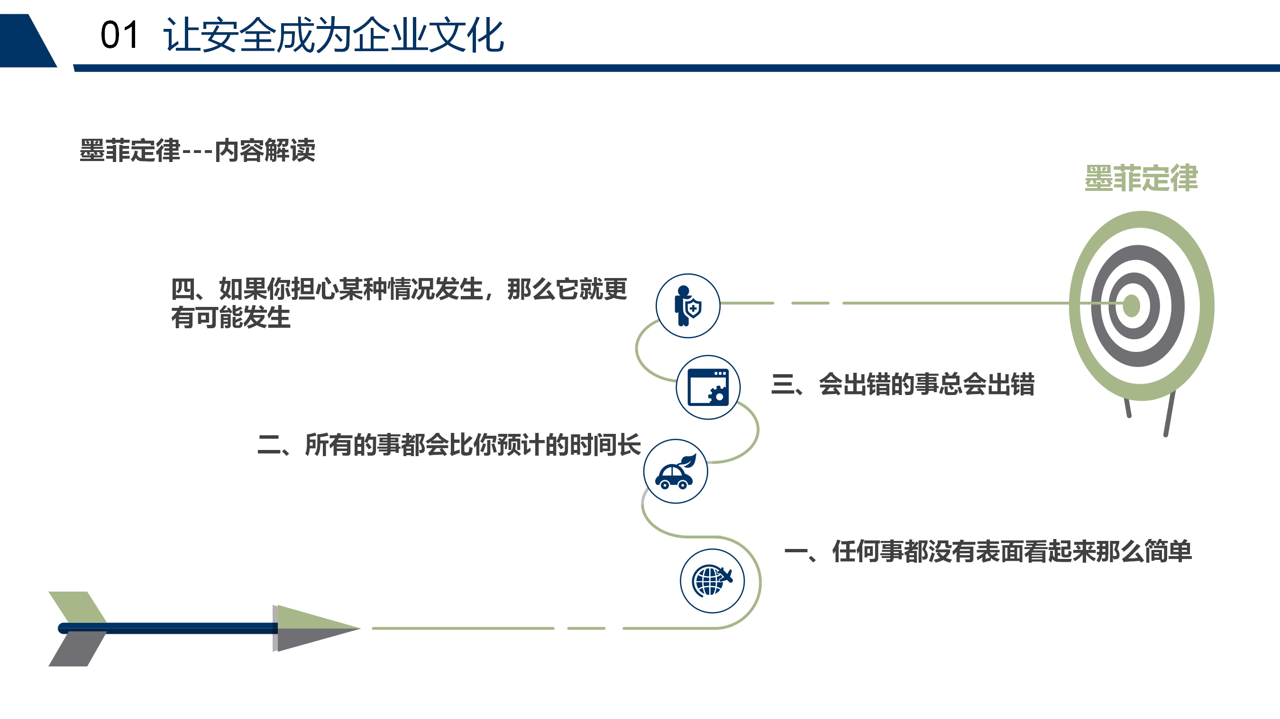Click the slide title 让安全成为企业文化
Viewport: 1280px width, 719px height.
[333, 35]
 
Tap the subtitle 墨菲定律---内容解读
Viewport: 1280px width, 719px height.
[197, 150]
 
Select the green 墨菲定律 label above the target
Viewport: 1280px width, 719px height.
[1141, 178]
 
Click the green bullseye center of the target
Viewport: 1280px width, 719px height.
[1132, 306]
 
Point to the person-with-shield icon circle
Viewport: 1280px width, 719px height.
[688, 306]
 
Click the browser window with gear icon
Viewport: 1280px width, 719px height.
[708, 387]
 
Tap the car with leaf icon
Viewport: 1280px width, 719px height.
[675, 471]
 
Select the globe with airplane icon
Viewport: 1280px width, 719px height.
[712, 581]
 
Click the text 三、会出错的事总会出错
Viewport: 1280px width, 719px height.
[902, 384]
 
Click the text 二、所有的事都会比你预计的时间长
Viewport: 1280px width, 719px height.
[449, 444]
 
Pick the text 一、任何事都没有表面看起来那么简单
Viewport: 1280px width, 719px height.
[988, 551]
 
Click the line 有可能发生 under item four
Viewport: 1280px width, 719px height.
[230, 317]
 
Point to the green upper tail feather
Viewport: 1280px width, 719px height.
[79, 607]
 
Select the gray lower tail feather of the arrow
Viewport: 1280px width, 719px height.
[79, 649]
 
